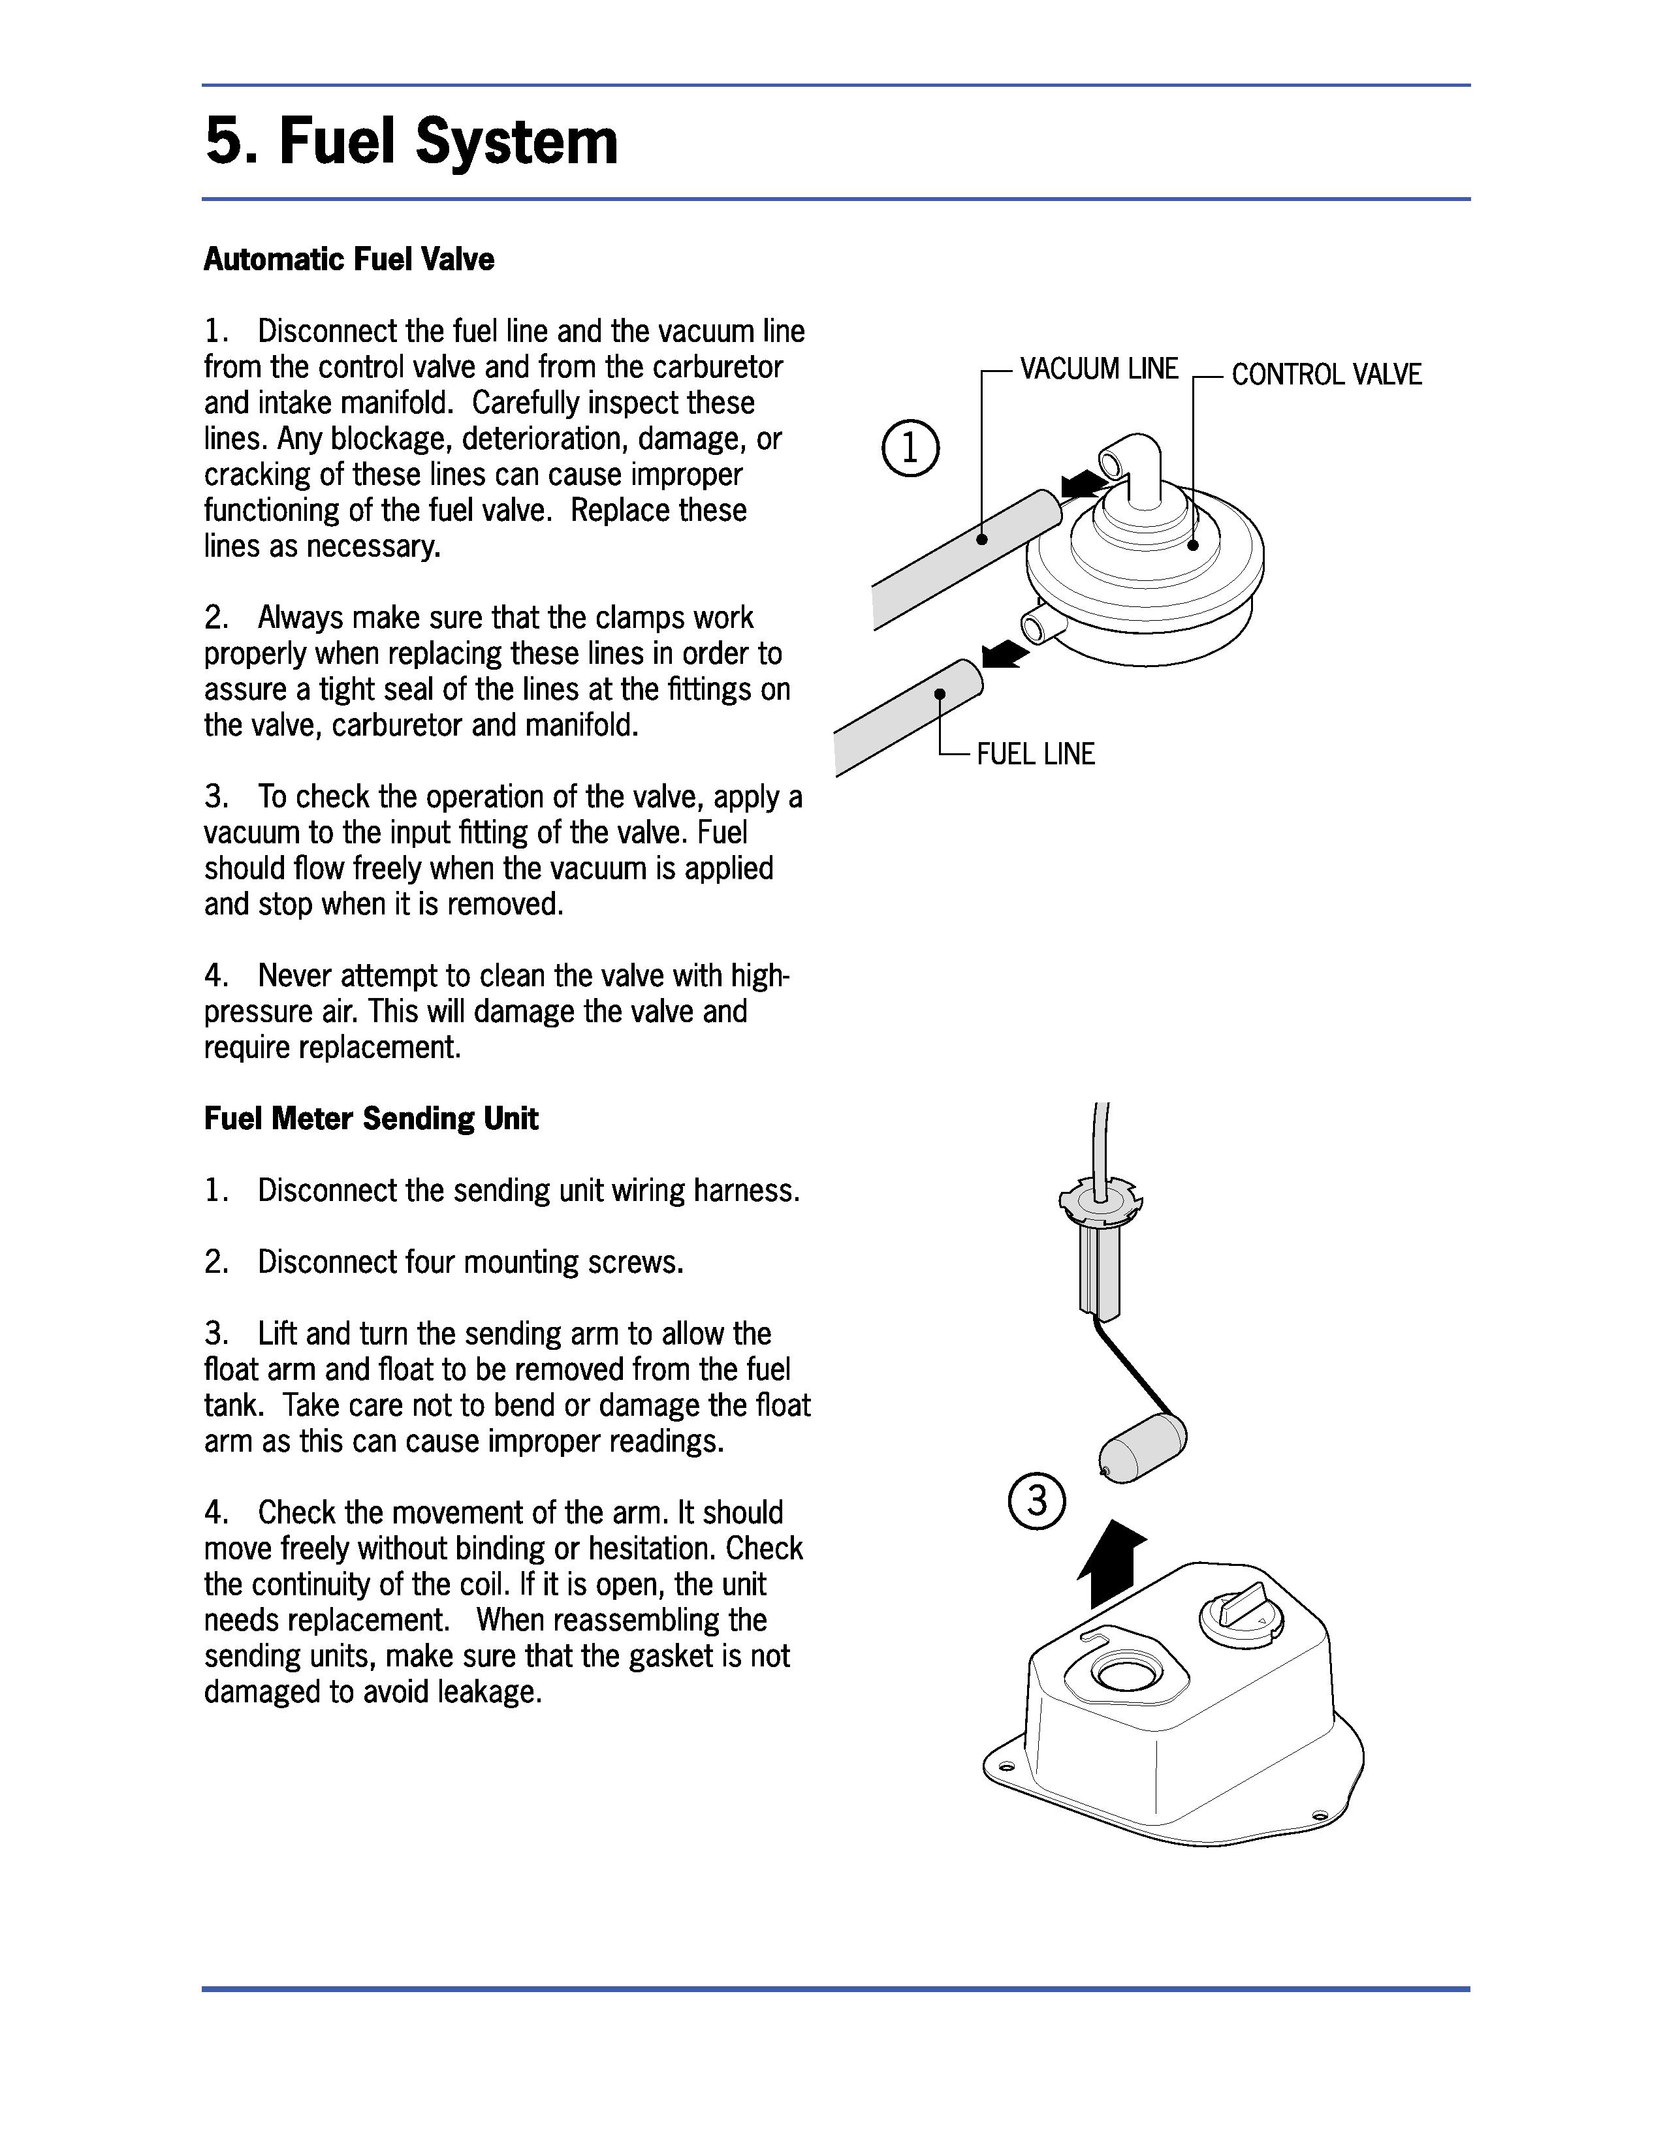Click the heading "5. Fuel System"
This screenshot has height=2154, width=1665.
411,142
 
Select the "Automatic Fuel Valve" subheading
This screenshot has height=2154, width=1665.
348,259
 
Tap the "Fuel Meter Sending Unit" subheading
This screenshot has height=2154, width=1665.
371,1118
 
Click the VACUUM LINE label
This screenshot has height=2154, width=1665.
1099,369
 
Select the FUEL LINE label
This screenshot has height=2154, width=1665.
1036,755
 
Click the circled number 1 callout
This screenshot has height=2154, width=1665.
910,450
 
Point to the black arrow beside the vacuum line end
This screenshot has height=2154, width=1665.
1083,483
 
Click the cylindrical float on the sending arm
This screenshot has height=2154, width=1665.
1142,1445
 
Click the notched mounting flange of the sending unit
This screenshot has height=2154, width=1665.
1097,1201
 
